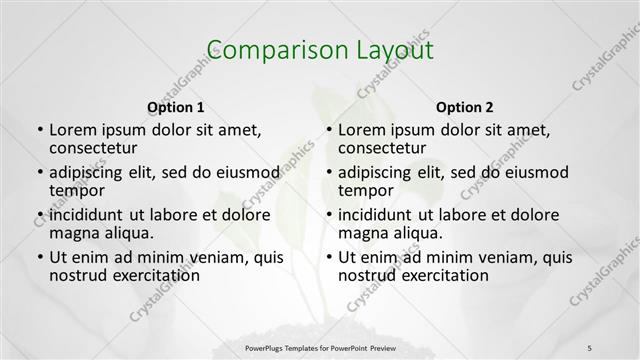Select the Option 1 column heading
point(176,107)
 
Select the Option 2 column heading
point(465,107)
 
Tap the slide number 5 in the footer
point(589,347)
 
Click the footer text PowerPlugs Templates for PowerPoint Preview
point(320,347)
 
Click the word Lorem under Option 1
point(73,130)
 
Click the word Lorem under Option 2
point(362,130)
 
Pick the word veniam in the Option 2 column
point(487,257)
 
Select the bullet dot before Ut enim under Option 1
point(39,258)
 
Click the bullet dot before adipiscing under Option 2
point(328,173)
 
